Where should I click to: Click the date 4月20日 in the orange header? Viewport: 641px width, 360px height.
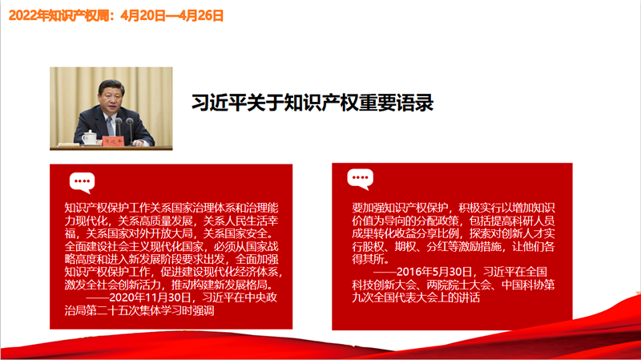[x=143, y=15]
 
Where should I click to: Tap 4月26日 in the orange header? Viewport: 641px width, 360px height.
[x=201, y=15]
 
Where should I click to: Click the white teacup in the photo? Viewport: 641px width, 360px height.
[x=89, y=137]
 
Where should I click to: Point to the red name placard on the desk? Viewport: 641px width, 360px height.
[x=112, y=141]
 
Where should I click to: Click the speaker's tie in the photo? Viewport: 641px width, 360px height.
[x=110, y=126]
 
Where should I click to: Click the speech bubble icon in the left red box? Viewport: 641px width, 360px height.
[x=83, y=182]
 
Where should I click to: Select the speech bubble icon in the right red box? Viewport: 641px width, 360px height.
[x=360, y=179]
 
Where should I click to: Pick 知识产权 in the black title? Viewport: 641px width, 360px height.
[x=321, y=103]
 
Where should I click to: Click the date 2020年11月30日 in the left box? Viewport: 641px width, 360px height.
[x=150, y=297]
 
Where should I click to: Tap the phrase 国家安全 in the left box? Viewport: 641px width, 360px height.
[x=246, y=233]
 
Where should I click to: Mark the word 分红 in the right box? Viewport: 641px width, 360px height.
[x=437, y=246]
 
